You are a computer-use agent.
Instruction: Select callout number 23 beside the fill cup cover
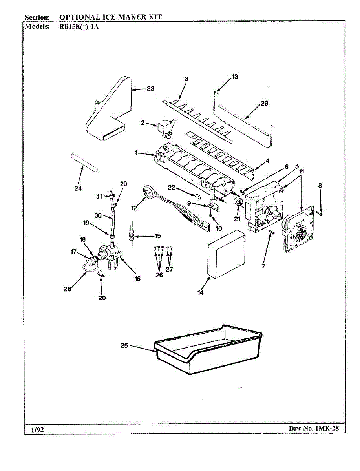150,89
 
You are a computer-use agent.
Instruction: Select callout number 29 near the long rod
264,103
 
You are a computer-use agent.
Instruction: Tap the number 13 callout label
235,77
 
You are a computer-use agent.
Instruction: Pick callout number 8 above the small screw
320,185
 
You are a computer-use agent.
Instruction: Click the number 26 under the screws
159,275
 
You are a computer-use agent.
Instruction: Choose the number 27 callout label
170,269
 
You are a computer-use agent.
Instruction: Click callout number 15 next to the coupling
157,236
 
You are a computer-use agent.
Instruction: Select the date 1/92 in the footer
38,429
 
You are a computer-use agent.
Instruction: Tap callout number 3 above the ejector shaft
186,78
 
